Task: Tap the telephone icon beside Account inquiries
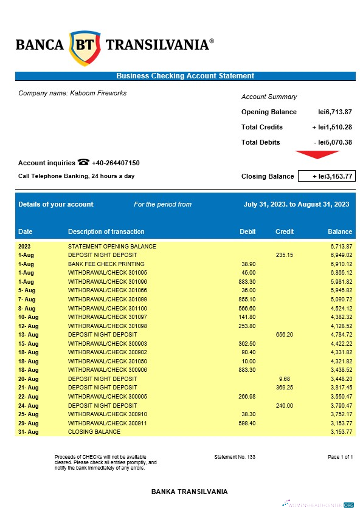click(83, 162)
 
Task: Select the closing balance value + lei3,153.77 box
click(326, 176)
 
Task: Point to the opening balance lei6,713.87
click(335, 112)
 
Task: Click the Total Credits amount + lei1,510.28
click(332, 127)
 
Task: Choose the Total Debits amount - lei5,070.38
click(333, 142)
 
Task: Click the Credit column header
click(285, 231)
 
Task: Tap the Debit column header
click(247, 231)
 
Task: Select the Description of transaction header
click(106, 231)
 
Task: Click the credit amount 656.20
click(284, 335)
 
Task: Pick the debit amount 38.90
click(247, 264)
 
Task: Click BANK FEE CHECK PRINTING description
click(106, 264)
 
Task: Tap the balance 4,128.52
click(341, 326)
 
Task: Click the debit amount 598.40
click(247, 423)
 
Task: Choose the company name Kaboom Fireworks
click(72, 93)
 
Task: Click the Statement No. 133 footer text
click(235, 456)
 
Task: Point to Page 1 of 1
click(340, 456)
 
